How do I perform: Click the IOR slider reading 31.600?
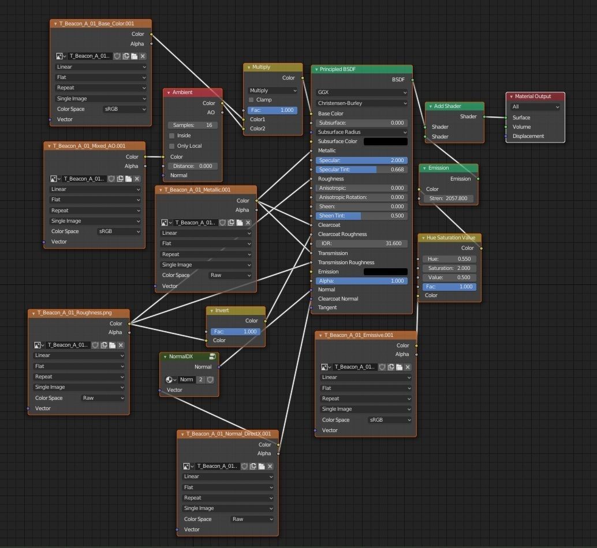click(361, 243)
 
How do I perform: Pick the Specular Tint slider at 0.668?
click(361, 170)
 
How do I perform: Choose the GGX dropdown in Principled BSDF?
click(361, 92)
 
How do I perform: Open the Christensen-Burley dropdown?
click(361, 103)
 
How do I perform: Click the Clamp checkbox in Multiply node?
click(251, 100)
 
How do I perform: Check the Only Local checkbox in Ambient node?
click(171, 146)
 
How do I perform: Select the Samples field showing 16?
click(193, 125)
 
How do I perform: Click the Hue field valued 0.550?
click(449, 259)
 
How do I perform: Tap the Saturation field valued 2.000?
click(449, 268)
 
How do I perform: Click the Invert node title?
click(222, 310)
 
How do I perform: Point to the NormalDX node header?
click(181, 356)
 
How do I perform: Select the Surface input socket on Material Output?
click(506, 118)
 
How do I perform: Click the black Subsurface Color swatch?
click(385, 141)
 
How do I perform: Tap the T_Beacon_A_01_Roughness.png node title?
click(74, 313)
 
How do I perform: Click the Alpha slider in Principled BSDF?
click(361, 281)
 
